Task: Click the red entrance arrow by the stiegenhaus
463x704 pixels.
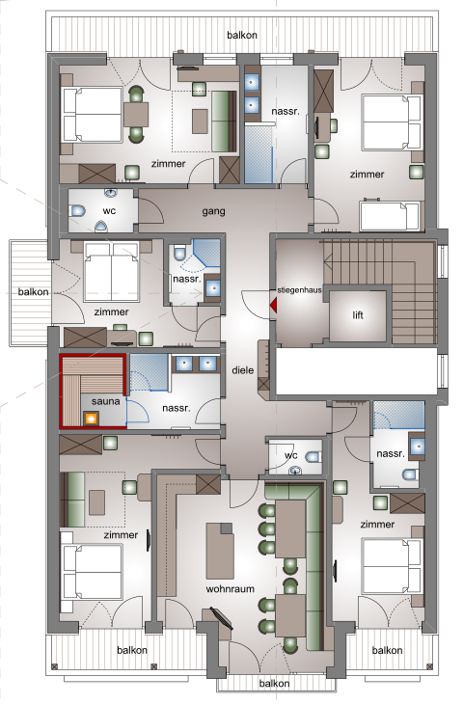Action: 273,306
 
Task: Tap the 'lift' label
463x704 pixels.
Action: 358,315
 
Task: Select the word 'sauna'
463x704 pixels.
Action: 105,401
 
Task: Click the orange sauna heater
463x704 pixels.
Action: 92,419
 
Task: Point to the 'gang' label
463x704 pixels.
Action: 213,211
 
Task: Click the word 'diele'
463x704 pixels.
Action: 242,370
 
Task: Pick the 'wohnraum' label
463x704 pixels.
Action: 230,588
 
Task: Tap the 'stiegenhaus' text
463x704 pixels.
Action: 300,290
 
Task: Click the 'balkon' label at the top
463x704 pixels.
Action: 242,35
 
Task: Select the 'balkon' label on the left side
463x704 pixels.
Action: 33,292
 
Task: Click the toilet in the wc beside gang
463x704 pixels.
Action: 77,210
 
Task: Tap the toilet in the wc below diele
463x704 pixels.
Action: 313,457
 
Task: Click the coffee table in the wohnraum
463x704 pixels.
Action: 220,551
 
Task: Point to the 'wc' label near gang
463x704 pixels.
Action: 109,210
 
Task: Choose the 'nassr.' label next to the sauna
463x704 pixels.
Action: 177,408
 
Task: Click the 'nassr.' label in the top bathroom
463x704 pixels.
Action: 286,111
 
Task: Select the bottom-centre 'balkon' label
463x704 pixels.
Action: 274,684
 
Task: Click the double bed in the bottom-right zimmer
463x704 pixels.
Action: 393,567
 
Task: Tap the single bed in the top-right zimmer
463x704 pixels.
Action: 390,216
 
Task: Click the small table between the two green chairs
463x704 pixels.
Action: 136,115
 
